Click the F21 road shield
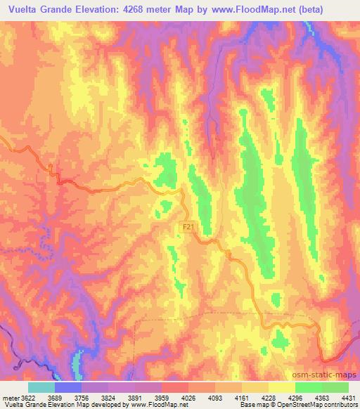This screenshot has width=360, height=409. pos(187,228)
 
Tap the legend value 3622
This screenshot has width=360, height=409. pos(27,397)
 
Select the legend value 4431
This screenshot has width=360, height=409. pos(348,397)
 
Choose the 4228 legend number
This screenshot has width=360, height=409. pos(269,397)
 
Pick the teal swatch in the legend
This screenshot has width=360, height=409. pos(41,387)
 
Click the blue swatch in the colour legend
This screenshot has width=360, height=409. pos(67,387)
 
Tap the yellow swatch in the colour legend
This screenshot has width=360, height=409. pos(281,387)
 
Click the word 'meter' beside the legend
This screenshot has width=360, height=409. pos(11,397)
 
